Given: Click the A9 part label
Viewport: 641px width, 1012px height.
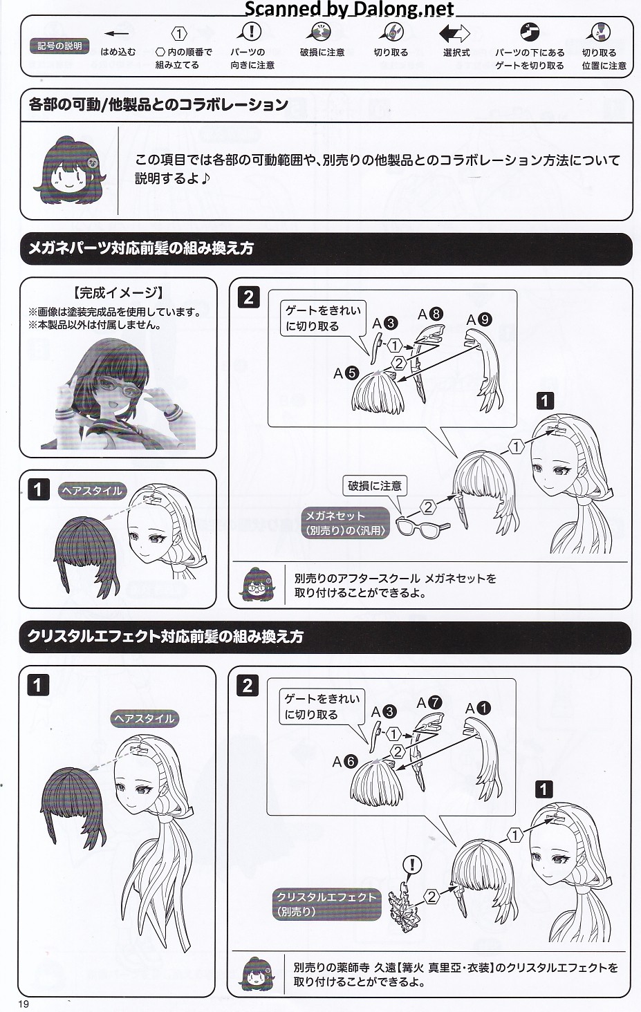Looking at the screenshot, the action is point(479,320).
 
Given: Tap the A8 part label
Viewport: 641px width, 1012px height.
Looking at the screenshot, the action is point(430,314).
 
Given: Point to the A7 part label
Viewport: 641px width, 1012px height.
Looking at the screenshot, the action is point(429,702).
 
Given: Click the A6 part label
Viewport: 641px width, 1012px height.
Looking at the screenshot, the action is point(345,762).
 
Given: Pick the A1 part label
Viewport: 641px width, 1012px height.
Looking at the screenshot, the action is point(478,708).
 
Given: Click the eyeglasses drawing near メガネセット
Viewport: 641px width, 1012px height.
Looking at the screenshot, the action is point(423,526).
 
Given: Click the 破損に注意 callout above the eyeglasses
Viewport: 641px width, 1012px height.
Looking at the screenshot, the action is point(375,486).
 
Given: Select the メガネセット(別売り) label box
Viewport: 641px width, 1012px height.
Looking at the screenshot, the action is point(346,523).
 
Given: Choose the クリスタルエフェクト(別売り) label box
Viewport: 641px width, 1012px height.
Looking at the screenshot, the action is point(326,904).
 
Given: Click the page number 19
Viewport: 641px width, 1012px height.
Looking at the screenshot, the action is point(24,1004).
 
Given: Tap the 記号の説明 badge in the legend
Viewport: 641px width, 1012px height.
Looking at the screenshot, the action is point(59,46).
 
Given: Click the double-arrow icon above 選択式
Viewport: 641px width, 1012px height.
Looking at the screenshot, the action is point(455,33).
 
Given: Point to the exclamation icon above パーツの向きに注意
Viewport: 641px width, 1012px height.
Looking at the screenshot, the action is point(250,32).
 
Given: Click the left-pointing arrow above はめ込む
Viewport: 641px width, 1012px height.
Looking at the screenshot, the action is point(117,33).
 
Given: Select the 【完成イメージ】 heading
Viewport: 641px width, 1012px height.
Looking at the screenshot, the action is point(118,293).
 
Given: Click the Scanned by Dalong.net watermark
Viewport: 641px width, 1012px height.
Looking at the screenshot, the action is point(349,8).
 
